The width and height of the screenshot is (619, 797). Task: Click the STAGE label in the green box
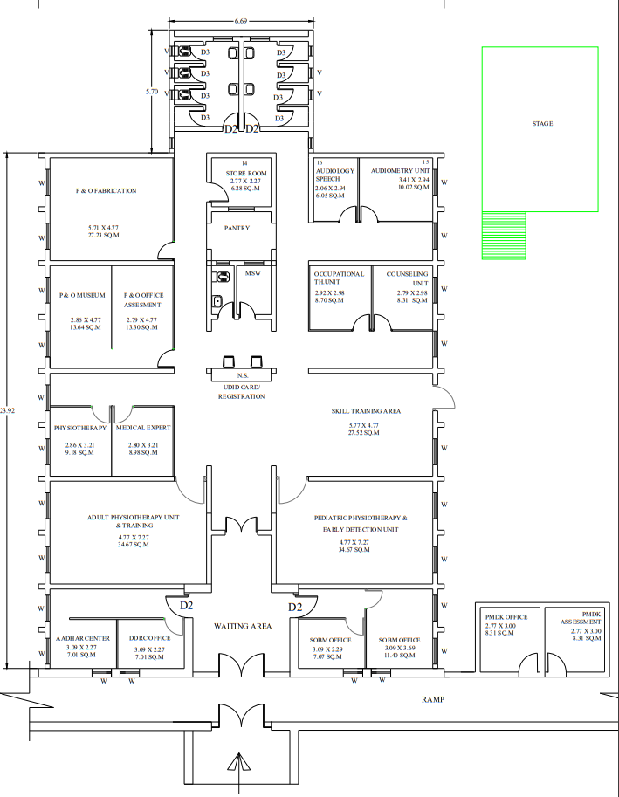coord(542,123)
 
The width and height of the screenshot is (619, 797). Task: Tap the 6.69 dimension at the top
coord(241,21)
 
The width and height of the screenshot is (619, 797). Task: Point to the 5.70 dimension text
coord(152,92)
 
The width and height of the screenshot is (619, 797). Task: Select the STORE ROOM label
coord(246,174)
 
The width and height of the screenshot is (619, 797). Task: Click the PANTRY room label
coord(237,228)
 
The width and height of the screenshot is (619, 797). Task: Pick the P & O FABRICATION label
coord(107,191)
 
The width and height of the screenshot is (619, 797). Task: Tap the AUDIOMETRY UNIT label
coord(401,171)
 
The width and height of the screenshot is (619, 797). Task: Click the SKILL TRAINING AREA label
coord(366,411)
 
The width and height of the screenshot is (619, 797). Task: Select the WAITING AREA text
coord(243,626)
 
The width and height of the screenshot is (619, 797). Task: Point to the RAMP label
coord(433,700)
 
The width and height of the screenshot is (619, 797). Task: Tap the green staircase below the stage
coord(504,236)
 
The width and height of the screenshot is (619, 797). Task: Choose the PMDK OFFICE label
coord(506,617)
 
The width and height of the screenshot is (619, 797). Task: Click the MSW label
coord(252,273)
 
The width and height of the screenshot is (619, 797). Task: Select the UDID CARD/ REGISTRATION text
coord(242,392)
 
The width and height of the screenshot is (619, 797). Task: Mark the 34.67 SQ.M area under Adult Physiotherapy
coord(134,545)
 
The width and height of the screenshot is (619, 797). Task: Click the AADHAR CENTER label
coord(83,638)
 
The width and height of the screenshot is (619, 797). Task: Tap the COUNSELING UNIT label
coord(408,278)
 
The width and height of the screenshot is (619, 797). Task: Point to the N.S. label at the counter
coord(243,375)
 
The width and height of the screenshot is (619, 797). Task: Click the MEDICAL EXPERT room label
coord(143,428)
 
